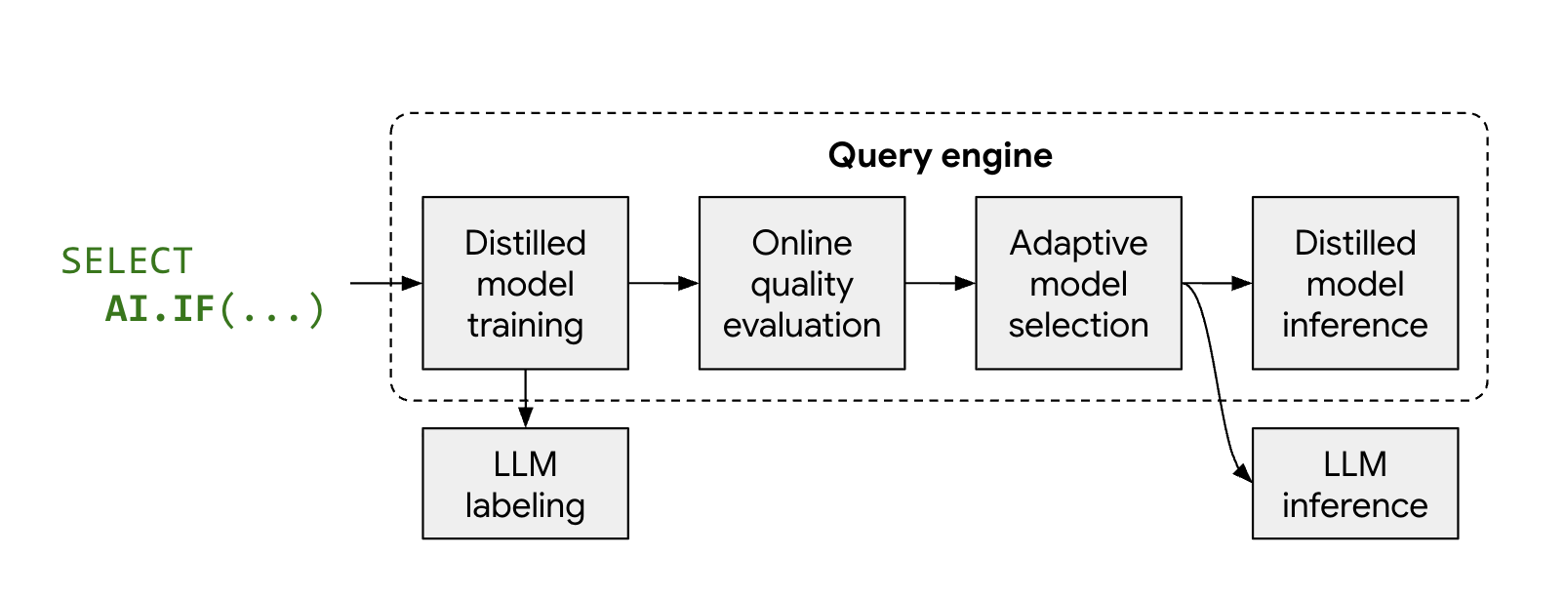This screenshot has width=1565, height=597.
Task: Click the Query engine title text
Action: click(x=940, y=155)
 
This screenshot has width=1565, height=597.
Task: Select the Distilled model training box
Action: click(x=525, y=283)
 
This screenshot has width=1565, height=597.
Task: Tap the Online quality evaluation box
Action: click(x=801, y=283)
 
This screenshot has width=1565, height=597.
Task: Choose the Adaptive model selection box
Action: click(x=1078, y=283)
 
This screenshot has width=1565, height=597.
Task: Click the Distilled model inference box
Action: click(x=1354, y=283)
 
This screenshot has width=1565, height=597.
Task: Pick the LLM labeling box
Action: click(x=525, y=483)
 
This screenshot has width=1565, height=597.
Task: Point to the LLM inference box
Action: click(x=1354, y=483)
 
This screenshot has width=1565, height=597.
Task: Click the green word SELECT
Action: click(x=127, y=260)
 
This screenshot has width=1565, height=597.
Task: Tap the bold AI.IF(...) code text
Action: click(x=215, y=309)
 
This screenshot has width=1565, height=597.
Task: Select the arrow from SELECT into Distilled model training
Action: click(x=385, y=283)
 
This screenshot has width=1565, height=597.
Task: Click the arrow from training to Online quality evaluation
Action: click(x=663, y=283)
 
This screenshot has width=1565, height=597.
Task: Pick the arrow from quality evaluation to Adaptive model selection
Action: click(x=940, y=283)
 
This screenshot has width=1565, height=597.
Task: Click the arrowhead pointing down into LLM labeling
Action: click(x=525, y=418)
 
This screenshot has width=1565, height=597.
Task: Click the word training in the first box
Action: click(x=525, y=325)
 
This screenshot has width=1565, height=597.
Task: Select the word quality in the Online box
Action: click(x=801, y=285)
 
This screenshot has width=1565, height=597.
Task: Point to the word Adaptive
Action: click(x=1078, y=243)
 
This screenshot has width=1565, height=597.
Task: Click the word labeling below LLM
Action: click(x=525, y=505)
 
